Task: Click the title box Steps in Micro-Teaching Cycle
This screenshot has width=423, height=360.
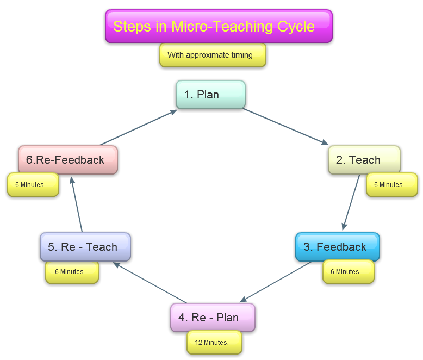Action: (219, 26)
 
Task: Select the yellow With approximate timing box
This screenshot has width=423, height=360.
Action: (213, 55)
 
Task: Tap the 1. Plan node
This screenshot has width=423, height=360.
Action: (210, 95)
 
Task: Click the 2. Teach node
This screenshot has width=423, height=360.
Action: (364, 160)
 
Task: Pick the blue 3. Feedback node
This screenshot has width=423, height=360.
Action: (337, 247)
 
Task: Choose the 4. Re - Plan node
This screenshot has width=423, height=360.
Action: (213, 318)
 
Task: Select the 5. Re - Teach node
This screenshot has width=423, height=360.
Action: (85, 247)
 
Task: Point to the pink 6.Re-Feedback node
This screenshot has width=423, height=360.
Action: (68, 160)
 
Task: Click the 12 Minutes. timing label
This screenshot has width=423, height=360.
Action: (214, 343)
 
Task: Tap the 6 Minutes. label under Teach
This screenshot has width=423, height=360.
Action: (391, 185)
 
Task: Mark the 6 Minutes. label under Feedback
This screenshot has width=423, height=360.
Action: (348, 272)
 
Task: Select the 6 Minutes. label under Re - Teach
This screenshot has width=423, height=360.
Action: (72, 272)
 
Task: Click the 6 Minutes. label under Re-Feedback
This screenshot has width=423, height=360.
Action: (33, 185)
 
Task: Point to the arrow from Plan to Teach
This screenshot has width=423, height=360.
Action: (286, 127)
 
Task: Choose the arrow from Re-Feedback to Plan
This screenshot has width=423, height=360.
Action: (138, 127)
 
